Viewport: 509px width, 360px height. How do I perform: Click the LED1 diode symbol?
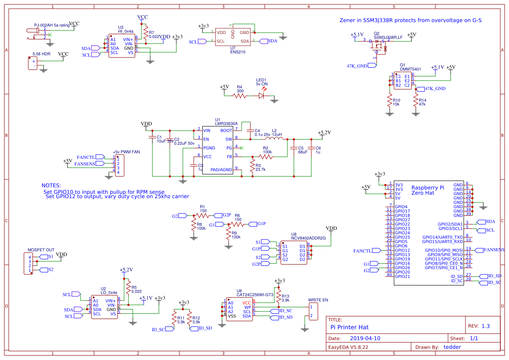tap(262, 95)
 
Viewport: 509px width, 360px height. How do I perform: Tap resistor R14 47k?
tap(416, 102)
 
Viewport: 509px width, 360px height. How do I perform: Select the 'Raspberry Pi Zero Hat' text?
tap(428, 190)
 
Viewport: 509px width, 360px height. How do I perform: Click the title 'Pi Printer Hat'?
tap(350, 326)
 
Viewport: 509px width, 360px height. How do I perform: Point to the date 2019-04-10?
tap(365, 338)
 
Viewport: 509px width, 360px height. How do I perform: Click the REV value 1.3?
tap(485, 326)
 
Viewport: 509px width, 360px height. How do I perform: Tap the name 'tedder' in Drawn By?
tap(452, 347)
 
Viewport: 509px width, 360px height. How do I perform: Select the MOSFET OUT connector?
tap(30, 264)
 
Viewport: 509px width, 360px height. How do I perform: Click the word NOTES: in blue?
tap(51, 185)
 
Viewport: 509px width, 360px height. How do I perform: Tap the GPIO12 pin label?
tap(403, 250)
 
